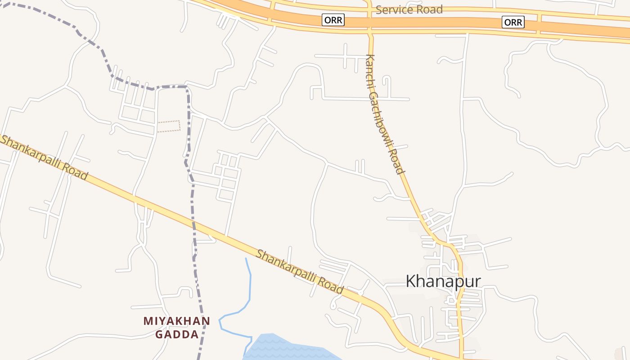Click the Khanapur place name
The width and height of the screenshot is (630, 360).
443,282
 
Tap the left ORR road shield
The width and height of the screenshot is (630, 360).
333,20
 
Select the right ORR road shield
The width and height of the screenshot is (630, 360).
513,22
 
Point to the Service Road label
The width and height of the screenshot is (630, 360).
409,9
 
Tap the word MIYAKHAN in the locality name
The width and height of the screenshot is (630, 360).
177,321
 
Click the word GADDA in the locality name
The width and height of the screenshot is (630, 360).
177,334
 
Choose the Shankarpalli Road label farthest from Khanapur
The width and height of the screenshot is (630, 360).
44,157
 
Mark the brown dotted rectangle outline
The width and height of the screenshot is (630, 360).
169,126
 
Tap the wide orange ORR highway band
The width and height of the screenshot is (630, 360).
427,22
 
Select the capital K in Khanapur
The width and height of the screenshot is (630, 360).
410,282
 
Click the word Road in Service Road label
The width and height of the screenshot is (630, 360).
429,9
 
